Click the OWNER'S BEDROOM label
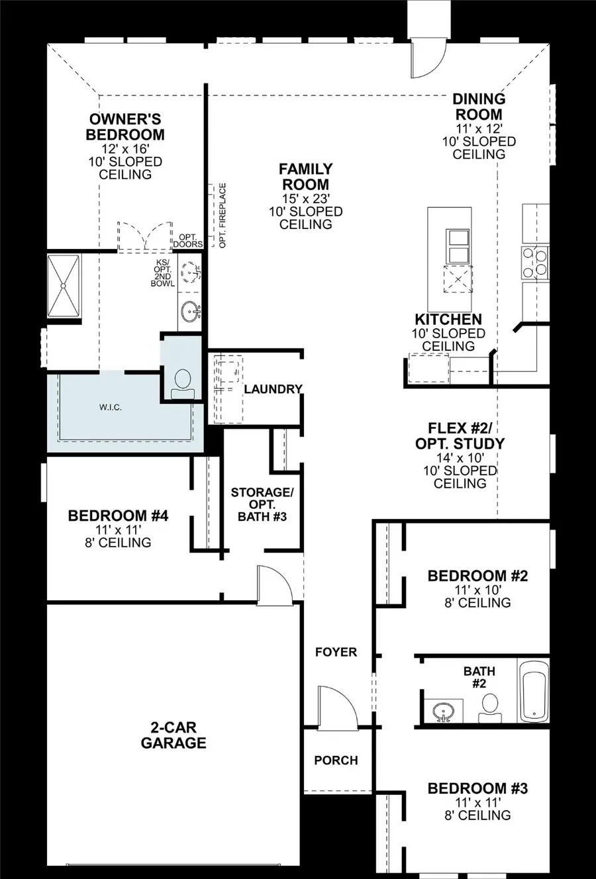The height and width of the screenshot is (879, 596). (125, 127)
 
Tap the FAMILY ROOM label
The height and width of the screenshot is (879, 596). (305, 177)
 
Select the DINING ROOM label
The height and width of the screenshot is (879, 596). (479, 107)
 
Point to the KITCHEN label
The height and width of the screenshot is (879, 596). (448, 320)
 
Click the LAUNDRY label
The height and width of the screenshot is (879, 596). (273, 389)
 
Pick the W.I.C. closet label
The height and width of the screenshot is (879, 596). (110, 407)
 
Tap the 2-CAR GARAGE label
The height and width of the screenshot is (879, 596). (174, 734)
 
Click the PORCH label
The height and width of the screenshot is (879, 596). (336, 761)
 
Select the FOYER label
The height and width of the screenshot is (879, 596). (336, 653)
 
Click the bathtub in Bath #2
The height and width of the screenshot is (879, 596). (534, 691)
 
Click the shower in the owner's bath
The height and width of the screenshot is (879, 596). (64, 284)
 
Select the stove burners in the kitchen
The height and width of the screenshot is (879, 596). (535, 261)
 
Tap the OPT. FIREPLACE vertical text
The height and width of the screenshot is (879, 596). (223, 216)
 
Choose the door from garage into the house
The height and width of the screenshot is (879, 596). (273, 584)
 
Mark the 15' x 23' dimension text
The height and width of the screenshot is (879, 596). (305, 199)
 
